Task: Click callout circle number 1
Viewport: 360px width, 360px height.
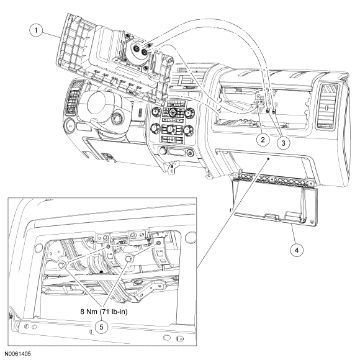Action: click(36, 30)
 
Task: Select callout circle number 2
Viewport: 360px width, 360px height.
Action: click(263, 140)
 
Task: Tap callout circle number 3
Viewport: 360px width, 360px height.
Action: click(283, 143)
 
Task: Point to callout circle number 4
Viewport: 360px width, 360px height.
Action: click(297, 250)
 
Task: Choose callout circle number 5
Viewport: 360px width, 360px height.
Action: click(101, 326)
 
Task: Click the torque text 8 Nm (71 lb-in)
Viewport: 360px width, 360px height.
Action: click(104, 312)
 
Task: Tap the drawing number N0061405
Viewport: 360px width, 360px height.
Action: click(18, 354)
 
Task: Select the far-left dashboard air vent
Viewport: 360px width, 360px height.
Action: click(73, 97)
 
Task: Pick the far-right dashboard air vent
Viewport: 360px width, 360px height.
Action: click(327, 106)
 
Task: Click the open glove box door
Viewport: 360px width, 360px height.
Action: click(276, 202)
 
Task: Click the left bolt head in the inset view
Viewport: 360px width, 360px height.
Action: click(62, 264)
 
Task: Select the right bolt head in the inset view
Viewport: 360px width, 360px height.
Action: click(129, 258)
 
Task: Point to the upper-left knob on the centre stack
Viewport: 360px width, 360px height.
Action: click(156, 112)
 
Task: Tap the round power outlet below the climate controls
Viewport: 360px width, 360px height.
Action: click(163, 150)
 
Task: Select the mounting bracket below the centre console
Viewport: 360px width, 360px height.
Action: click(172, 168)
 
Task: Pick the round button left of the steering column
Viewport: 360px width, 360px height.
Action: click(69, 125)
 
